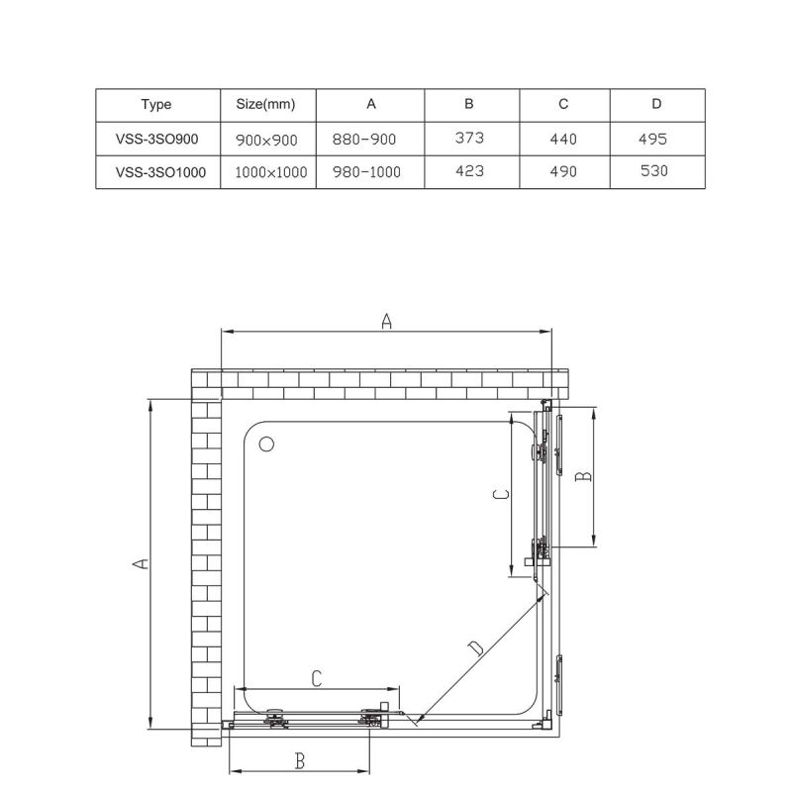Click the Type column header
click(x=156, y=104)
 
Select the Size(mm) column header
click(x=267, y=104)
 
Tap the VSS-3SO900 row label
click(x=156, y=139)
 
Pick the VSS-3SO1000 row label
click(x=160, y=171)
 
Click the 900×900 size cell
click(x=267, y=140)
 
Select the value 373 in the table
click(x=469, y=138)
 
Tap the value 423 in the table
click(x=469, y=170)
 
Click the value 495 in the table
click(x=654, y=139)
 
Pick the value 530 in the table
click(x=654, y=171)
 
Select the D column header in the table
click(x=656, y=104)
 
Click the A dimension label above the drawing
click(x=387, y=320)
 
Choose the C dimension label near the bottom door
click(x=317, y=678)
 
